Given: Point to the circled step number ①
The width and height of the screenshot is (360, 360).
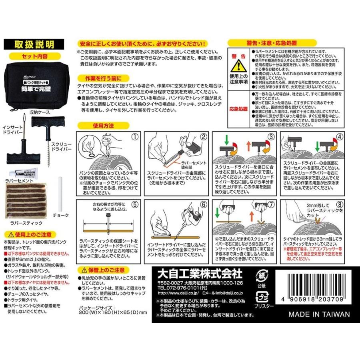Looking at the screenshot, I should (135, 136).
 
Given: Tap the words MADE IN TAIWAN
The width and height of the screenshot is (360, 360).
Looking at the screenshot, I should (319, 314).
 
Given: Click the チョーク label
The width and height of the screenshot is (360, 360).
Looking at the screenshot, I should (61, 215).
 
